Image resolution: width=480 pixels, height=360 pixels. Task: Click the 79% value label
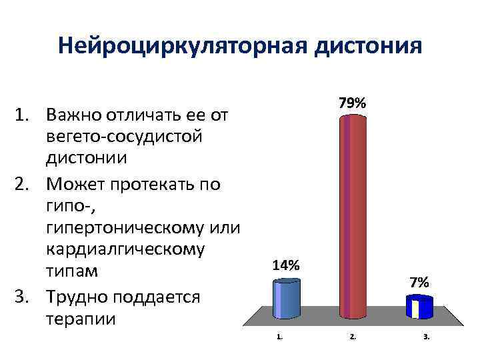[352, 103]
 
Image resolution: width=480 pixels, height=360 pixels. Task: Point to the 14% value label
[286, 265]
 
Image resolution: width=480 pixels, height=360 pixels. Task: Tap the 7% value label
[419, 283]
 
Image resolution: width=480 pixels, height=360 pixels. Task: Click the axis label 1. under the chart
[279, 337]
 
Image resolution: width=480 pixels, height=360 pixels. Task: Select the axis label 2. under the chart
[353, 337]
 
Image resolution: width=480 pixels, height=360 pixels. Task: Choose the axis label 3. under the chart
[427, 337]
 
